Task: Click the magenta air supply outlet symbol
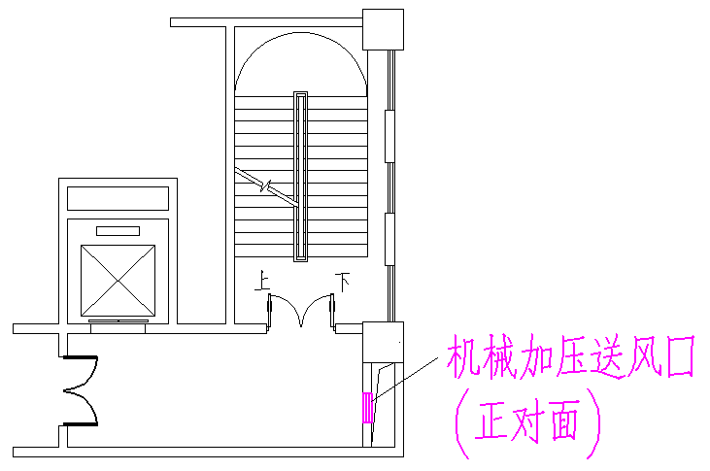[x=367, y=407]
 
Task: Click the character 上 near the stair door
[x=261, y=283]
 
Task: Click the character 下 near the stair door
[x=342, y=282]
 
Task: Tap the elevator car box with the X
[x=118, y=280]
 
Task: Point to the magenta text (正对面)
[x=528, y=420]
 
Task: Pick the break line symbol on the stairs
[x=261, y=183]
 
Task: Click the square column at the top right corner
[x=382, y=29]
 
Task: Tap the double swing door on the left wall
[x=82, y=391]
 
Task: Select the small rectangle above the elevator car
[x=118, y=231]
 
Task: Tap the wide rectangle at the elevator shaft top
[x=118, y=197]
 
